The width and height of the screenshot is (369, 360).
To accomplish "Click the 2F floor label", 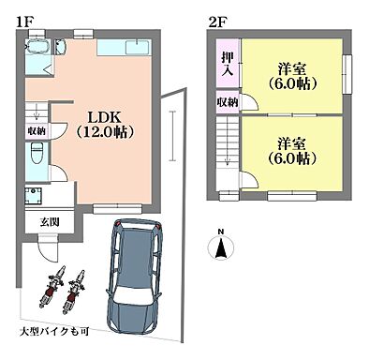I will [x=214, y=19].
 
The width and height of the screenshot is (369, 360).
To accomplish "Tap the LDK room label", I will [x=105, y=117].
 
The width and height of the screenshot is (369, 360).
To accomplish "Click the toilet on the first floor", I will [x=36, y=162].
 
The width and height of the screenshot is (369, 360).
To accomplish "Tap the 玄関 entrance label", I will [x=50, y=222].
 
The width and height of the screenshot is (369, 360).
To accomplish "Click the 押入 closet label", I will [x=228, y=65].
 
